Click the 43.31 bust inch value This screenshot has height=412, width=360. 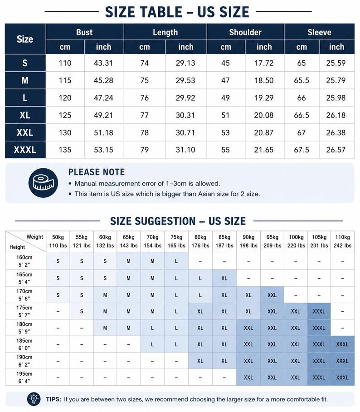[x=103, y=63]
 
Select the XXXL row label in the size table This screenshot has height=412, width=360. [x=25, y=150]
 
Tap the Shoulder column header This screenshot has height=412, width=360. [x=245, y=32]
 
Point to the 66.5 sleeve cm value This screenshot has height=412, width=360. [x=302, y=115]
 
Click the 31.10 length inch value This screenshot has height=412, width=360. [x=185, y=150]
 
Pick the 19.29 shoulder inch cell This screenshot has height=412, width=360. [x=264, y=98]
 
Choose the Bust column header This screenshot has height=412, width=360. [x=84, y=32]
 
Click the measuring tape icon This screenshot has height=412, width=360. [x=44, y=183]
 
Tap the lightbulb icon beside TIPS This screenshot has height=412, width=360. [x=34, y=399]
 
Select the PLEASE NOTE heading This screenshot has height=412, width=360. [x=97, y=172]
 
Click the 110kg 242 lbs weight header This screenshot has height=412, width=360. [x=342, y=241]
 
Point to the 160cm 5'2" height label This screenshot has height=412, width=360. [x=24, y=261]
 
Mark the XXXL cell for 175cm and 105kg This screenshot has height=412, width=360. [x=319, y=311]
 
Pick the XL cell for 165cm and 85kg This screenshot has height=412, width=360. [x=224, y=278]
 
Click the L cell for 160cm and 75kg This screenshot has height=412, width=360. [x=176, y=261]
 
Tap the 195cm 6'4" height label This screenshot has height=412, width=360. [x=24, y=378]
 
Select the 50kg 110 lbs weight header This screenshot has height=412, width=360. [x=58, y=241]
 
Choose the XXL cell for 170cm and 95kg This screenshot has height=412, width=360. [x=272, y=295]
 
